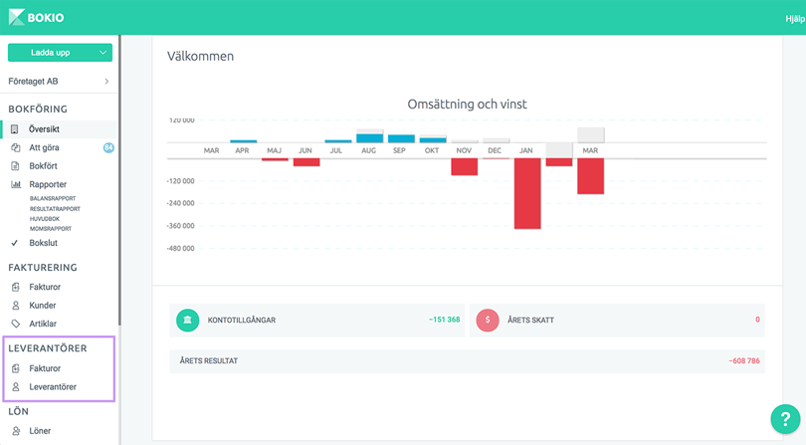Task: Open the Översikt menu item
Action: (44, 129)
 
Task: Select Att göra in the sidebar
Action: (44, 147)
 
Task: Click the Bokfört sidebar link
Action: (43, 166)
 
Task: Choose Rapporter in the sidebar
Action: (48, 184)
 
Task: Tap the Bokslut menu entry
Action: (43, 243)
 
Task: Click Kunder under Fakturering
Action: (42, 306)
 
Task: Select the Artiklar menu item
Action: (43, 324)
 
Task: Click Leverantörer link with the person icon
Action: (53, 387)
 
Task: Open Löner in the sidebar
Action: (40, 431)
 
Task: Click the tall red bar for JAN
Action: (527, 194)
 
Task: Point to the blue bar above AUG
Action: (370, 138)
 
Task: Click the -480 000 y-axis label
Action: (180, 249)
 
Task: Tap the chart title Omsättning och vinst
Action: (467, 104)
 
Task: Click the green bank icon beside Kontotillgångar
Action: (187, 320)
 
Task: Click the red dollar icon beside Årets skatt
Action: (488, 320)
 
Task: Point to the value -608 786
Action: (743, 360)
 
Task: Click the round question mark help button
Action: (785, 419)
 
